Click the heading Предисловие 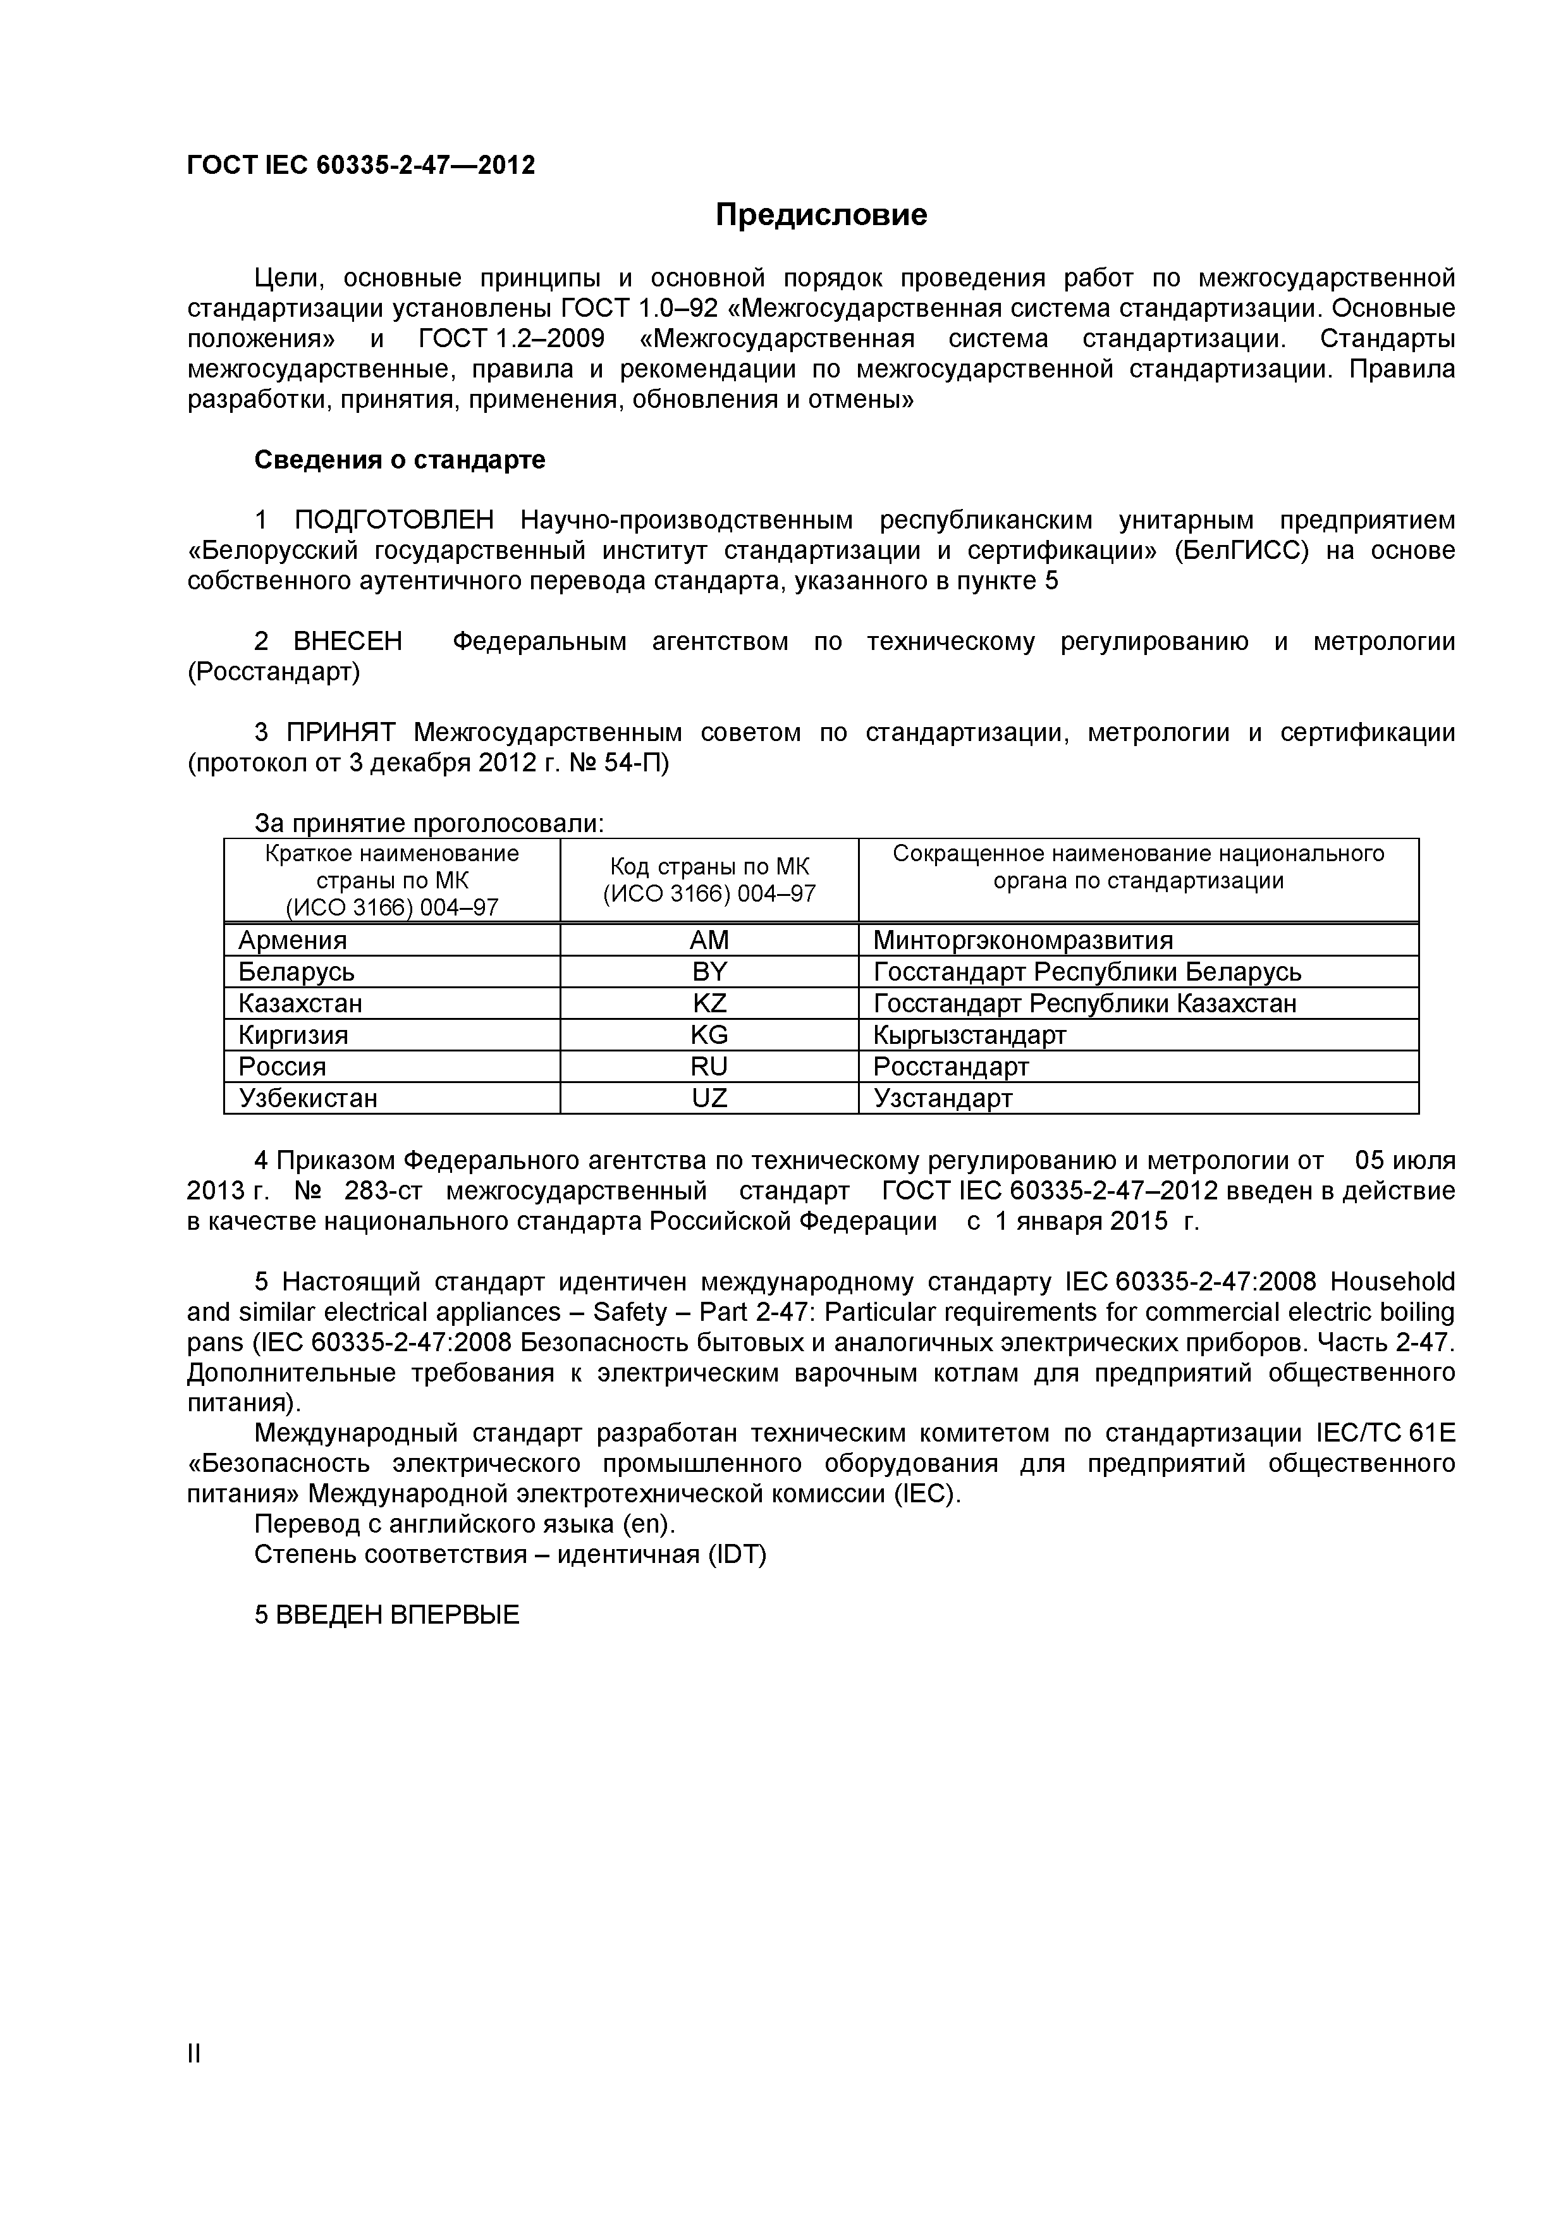(x=821, y=214)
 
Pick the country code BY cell (x=709, y=971)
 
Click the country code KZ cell (x=709, y=1003)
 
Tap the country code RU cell (x=709, y=1067)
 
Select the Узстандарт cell (x=943, y=1098)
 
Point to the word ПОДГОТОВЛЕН (x=393, y=521)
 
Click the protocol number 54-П (x=635, y=763)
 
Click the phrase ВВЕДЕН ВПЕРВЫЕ (x=397, y=1615)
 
